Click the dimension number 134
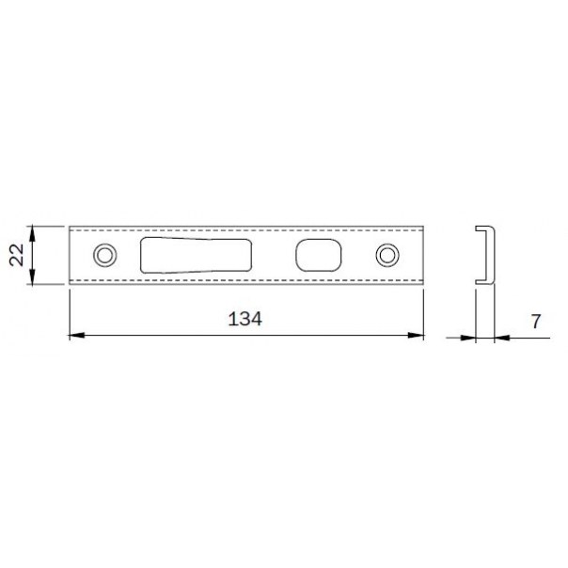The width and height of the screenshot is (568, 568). (245, 319)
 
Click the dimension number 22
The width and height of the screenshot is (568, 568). (17, 255)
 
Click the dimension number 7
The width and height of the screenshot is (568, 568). (536, 322)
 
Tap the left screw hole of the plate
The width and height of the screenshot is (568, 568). (105, 256)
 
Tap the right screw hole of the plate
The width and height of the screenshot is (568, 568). (387, 256)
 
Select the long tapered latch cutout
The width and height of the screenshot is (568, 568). (196, 256)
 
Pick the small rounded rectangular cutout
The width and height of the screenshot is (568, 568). (319, 255)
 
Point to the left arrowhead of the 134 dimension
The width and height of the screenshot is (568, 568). (77, 336)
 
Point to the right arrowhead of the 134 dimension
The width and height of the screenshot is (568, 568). (416, 336)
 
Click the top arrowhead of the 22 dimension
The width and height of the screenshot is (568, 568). (32, 233)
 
